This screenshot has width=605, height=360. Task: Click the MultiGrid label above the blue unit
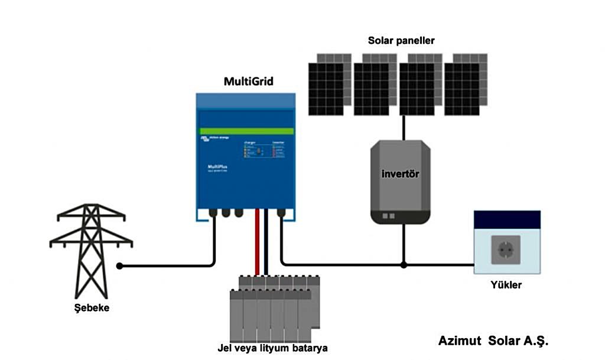248,82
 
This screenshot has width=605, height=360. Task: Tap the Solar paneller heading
401,41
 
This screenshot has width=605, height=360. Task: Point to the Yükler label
506,285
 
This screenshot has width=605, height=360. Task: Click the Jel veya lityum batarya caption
272,347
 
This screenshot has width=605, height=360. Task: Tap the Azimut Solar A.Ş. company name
493,342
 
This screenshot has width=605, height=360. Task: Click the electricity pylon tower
90,248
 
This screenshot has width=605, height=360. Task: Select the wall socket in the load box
506,249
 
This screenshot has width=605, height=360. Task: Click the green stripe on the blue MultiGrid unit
246,131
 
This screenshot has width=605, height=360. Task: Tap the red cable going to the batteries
257,242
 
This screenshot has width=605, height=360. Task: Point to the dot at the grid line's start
119,266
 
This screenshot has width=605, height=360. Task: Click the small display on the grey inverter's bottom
388,216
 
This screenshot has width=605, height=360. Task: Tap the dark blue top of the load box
507,220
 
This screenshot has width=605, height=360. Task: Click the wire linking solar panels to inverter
404,127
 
